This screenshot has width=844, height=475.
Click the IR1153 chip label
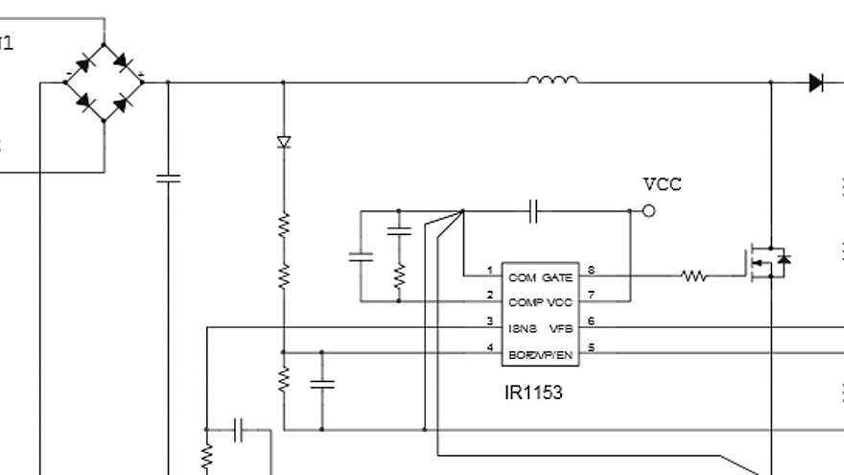click(x=533, y=392)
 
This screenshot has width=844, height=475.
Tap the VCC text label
click(x=663, y=184)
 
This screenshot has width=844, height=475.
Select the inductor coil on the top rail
click(x=552, y=81)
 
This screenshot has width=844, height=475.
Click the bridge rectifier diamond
click(x=104, y=82)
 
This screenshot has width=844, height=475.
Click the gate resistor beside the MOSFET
click(x=694, y=276)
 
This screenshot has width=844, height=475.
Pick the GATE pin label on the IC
click(x=557, y=277)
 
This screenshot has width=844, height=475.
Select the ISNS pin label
click(x=524, y=328)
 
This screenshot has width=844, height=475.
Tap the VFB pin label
click(x=560, y=328)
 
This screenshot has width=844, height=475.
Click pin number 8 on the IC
click(x=591, y=271)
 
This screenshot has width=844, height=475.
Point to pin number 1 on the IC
click(x=489, y=271)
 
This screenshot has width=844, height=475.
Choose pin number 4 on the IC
click(x=489, y=347)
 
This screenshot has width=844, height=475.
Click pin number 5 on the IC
click(x=591, y=347)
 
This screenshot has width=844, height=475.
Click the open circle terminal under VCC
click(x=649, y=211)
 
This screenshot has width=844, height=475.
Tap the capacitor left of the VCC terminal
click(x=535, y=211)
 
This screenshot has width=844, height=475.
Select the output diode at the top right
click(x=816, y=83)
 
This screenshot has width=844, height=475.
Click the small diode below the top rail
click(x=283, y=142)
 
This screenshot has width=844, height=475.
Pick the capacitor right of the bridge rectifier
click(x=168, y=178)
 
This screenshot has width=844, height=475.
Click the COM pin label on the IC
click(x=523, y=277)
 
